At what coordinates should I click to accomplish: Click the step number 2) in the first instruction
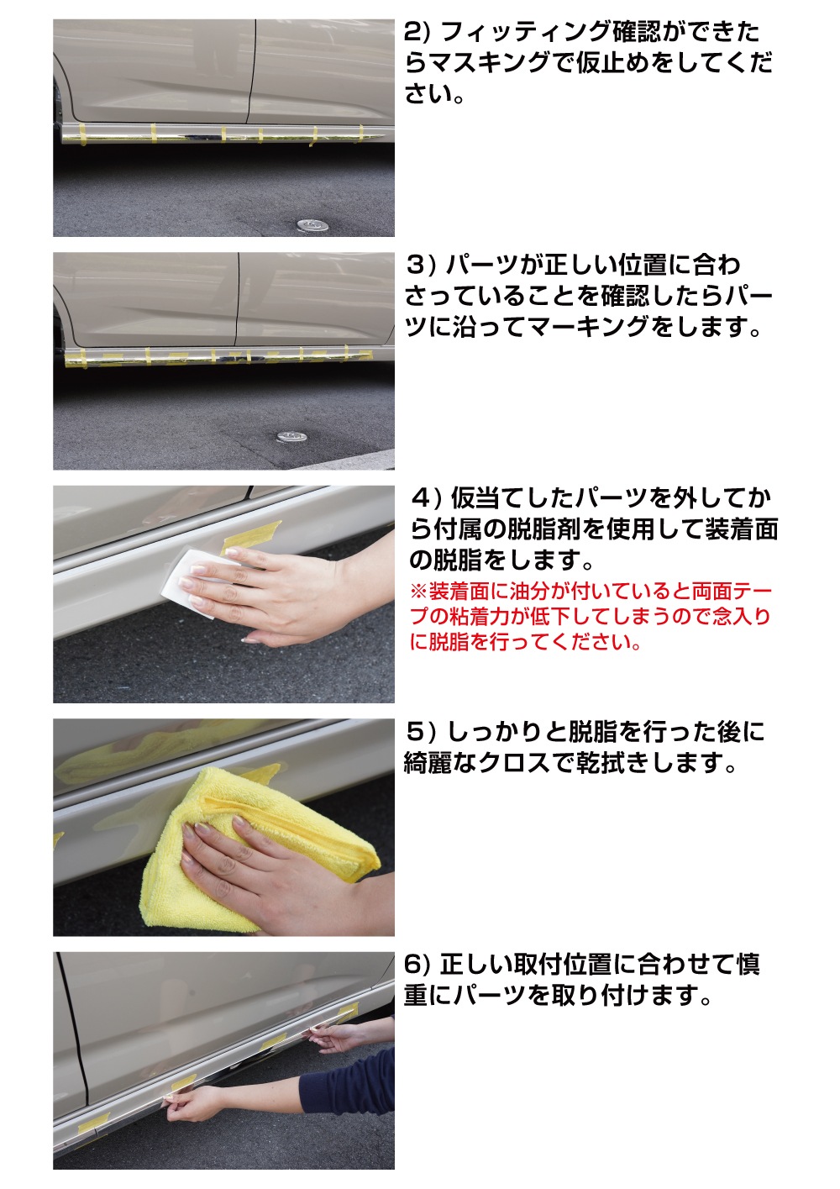417,32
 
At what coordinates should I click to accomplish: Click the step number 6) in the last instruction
417,964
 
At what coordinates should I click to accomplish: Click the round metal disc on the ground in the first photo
312,224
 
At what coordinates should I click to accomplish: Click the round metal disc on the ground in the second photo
290,437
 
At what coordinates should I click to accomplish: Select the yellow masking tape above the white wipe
252,535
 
